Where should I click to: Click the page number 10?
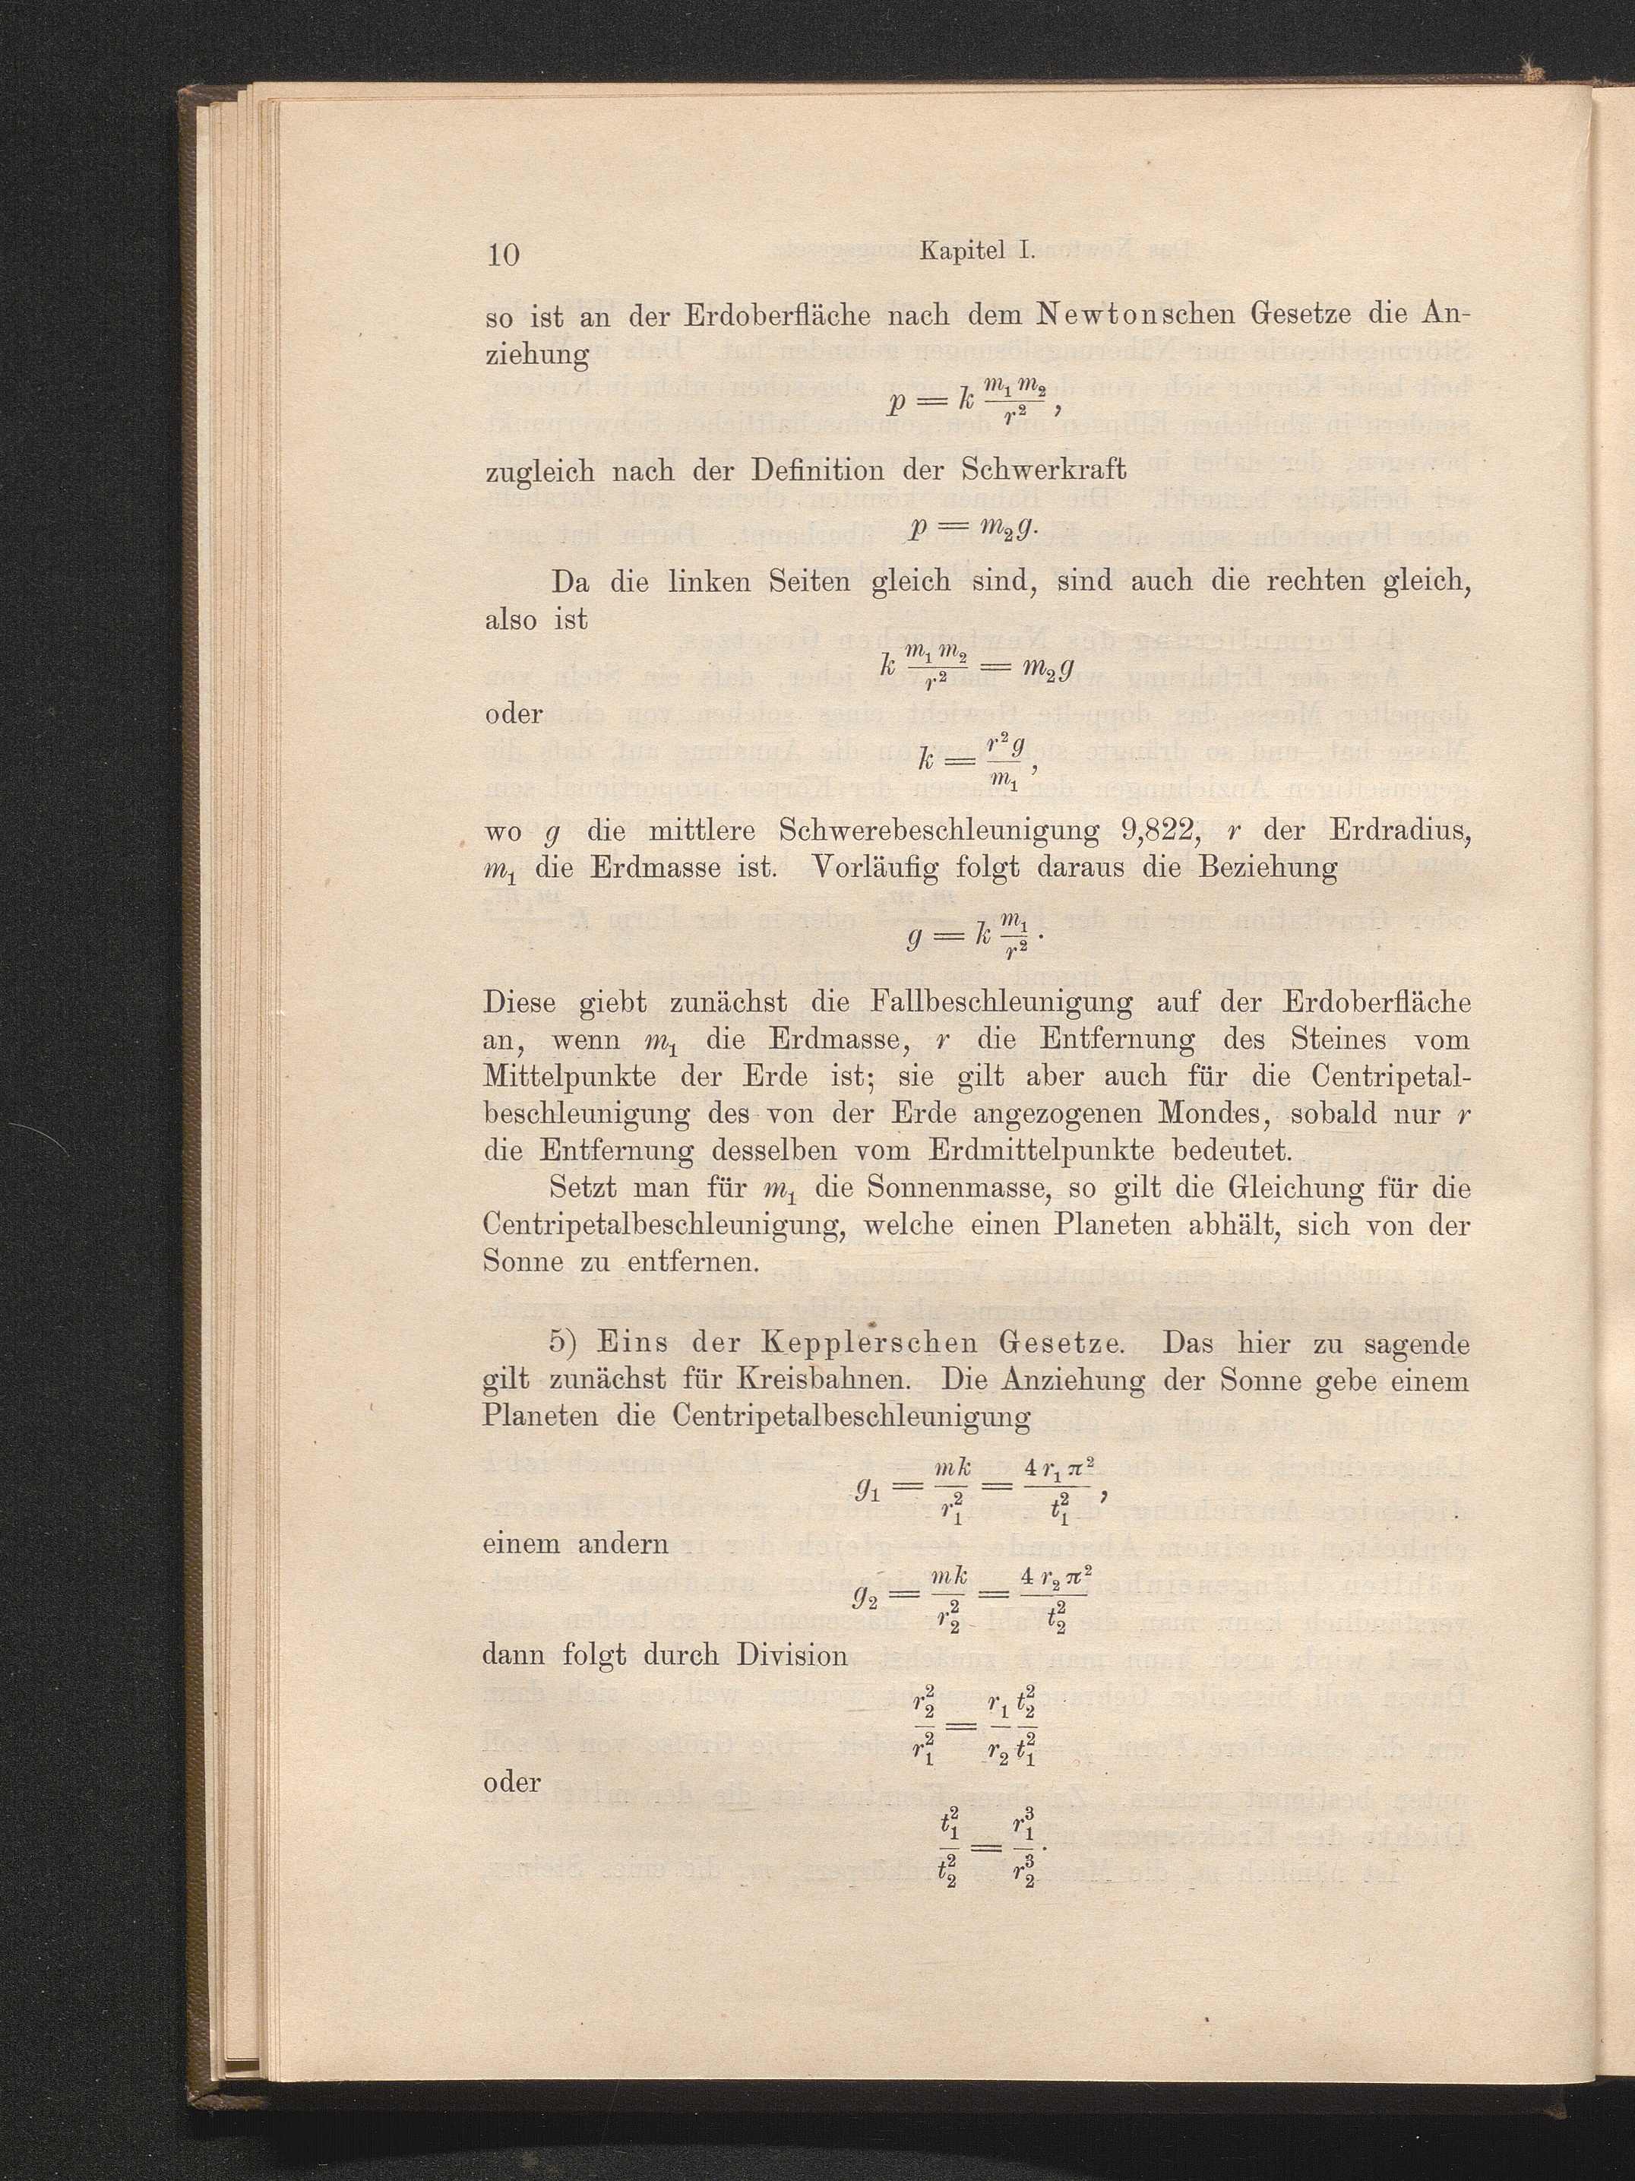pyautogui.click(x=503, y=255)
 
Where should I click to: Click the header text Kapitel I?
pyautogui.click(x=975, y=252)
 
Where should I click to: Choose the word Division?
pyautogui.click(x=792, y=1654)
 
